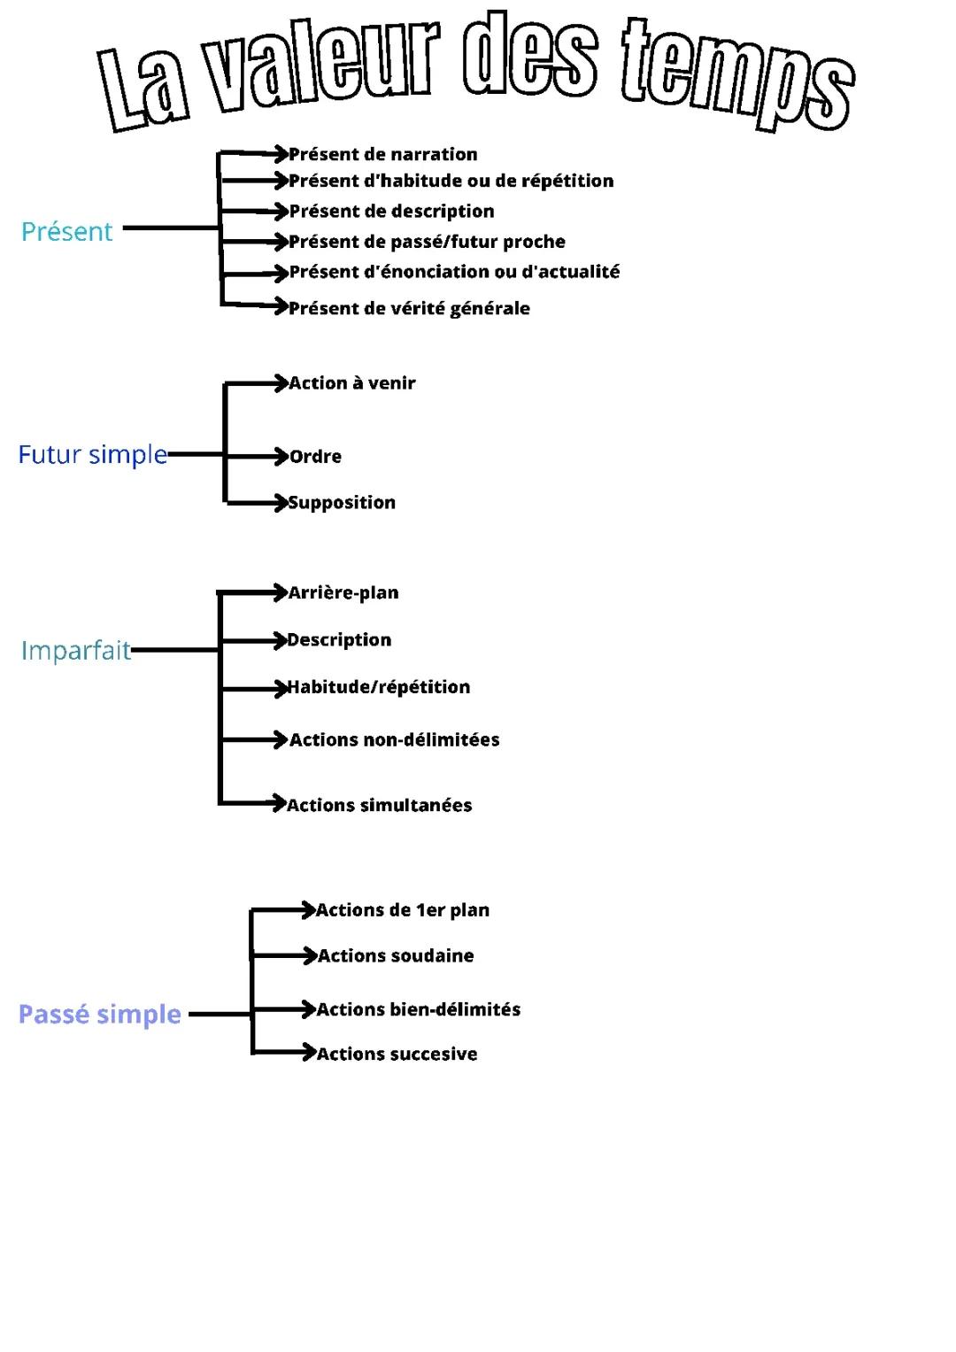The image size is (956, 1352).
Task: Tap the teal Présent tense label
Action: (67, 232)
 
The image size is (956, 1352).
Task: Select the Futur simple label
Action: (93, 455)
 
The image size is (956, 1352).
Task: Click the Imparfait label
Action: (76, 651)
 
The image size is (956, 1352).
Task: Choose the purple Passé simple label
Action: (100, 1014)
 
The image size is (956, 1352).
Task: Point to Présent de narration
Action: (383, 154)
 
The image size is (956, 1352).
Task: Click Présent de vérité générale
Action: (410, 308)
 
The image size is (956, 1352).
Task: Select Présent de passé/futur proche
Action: (428, 242)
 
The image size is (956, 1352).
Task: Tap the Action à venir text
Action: (352, 383)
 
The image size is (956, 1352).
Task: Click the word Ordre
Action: (316, 457)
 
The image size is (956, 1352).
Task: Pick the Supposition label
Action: (343, 503)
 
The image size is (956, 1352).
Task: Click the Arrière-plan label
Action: (343, 592)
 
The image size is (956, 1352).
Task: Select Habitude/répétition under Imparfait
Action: (379, 687)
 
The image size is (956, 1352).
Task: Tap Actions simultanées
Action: (380, 805)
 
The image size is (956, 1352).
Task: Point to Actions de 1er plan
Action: (403, 910)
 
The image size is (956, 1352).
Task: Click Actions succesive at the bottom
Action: (397, 1054)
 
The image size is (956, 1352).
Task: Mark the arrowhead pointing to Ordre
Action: (282, 456)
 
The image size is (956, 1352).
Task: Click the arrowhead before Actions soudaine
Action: (309, 955)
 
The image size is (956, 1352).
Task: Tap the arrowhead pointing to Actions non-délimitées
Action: (282, 739)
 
